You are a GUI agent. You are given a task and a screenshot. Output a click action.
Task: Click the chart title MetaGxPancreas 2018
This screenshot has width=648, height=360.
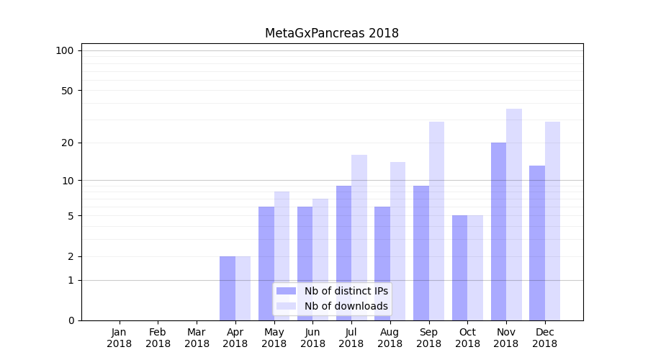(x=331, y=33)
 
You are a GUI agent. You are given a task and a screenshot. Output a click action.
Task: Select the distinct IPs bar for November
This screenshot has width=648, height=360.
(x=498, y=230)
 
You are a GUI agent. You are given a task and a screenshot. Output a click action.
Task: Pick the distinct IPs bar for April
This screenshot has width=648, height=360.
(x=228, y=288)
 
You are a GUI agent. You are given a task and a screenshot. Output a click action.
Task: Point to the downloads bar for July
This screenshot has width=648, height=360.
(x=359, y=238)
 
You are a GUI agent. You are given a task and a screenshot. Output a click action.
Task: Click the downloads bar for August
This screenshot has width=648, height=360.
(x=398, y=241)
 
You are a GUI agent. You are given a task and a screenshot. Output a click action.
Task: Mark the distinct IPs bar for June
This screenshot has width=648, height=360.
(x=305, y=264)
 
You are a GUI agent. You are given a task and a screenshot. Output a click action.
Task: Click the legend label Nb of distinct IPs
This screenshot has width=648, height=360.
(x=346, y=291)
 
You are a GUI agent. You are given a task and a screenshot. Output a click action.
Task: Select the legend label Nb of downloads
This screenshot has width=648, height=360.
(x=346, y=306)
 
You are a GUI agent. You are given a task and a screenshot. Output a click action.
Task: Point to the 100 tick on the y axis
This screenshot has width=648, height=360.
(x=65, y=50)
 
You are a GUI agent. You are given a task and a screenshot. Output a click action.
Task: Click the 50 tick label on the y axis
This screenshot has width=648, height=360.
(x=68, y=91)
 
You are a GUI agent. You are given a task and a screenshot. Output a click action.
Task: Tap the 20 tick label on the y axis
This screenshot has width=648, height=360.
(x=68, y=143)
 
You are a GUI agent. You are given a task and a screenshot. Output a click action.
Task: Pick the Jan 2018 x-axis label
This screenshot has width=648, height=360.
(x=120, y=338)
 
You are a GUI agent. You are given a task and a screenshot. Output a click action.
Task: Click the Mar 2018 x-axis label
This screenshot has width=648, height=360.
(x=197, y=338)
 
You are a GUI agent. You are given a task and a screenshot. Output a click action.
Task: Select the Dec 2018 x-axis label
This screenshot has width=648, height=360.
(x=544, y=338)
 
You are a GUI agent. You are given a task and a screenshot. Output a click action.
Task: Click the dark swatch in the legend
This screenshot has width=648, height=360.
(x=287, y=291)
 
